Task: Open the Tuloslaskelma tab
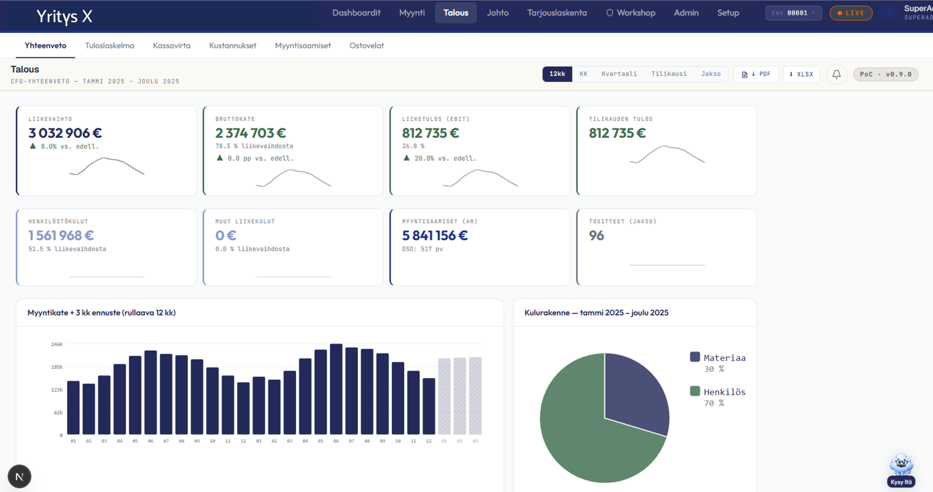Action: point(109,46)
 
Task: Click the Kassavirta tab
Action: point(172,46)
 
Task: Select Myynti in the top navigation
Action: point(412,13)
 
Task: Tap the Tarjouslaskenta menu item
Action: point(557,13)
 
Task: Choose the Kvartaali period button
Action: point(619,74)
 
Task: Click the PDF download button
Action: point(756,74)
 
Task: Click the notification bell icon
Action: point(836,74)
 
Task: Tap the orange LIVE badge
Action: point(851,13)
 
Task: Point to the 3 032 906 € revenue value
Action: point(65,133)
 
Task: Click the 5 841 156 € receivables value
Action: point(435,236)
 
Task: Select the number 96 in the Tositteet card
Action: point(597,236)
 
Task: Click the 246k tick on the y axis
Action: point(57,344)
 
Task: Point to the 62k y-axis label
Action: point(58,412)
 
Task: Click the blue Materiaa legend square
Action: point(695,357)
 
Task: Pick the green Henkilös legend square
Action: point(695,391)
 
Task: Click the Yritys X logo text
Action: point(65,16)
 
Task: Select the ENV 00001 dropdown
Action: point(793,13)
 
